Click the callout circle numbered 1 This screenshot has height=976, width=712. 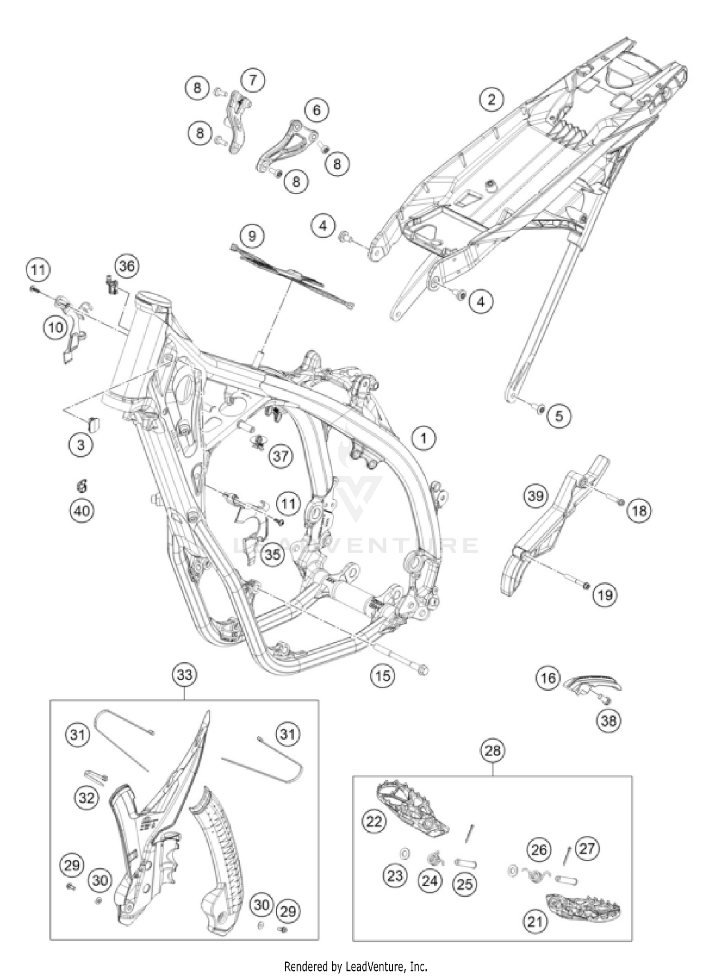pos(423,438)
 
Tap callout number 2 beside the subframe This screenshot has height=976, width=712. pos(491,99)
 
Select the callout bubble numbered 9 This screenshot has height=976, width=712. pos(252,236)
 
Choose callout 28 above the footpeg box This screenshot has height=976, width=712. pos(492,751)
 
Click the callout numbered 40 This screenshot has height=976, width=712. pos(82,511)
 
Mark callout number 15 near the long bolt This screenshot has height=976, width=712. pos(383,676)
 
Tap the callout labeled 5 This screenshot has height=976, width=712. pos(559,416)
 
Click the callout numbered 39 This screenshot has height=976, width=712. pos(535,496)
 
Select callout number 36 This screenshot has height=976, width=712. pos(126,266)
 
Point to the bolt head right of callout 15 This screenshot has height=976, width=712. pos(422,670)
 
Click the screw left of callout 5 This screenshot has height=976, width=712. pos(539,407)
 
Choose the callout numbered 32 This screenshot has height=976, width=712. pos(86,798)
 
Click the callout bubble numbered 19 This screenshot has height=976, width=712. pos(605,594)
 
